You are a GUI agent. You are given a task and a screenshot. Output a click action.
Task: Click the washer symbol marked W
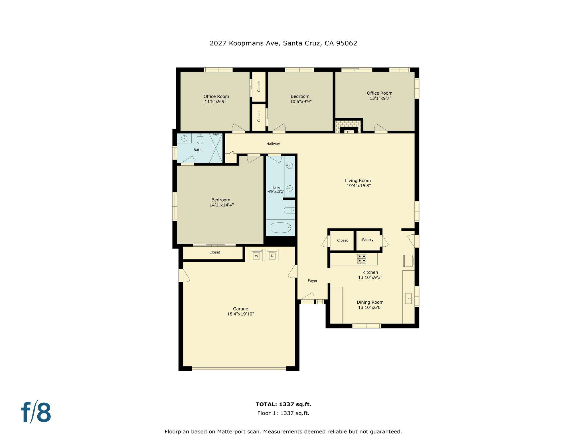(256, 255)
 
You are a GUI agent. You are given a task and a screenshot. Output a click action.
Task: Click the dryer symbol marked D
(272, 255)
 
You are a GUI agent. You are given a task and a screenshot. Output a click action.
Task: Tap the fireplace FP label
(349, 132)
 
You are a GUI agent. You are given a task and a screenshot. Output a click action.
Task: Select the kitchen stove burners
(362, 259)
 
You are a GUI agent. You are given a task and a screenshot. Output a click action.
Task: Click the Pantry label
(368, 240)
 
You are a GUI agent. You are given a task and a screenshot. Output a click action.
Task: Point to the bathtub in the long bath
(281, 228)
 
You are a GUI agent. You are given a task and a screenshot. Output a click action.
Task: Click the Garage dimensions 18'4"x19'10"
(240, 314)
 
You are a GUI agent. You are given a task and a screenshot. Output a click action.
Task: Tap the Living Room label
(358, 181)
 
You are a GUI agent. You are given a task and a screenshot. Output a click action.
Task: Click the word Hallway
(273, 144)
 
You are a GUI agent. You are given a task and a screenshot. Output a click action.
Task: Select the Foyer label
(312, 281)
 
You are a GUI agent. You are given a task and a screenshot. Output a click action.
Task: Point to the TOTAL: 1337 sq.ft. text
(283, 404)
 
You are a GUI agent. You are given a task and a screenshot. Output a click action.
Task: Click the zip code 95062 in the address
(347, 43)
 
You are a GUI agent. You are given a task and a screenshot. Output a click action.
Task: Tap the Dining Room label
(370, 302)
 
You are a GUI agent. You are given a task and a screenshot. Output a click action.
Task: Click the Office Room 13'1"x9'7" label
(380, 96)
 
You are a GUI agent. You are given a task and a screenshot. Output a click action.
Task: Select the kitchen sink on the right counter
(408, 298)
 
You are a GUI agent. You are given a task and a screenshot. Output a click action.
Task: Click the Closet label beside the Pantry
(342, 240)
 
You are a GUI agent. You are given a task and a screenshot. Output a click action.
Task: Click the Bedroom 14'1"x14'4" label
(221, 202)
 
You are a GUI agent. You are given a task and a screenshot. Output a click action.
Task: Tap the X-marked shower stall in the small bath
(216, 148)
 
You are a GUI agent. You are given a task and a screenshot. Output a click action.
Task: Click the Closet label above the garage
(214, 252)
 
